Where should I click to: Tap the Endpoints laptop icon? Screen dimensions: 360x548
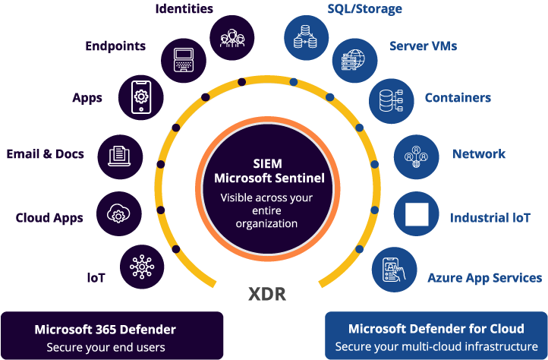[182, 58]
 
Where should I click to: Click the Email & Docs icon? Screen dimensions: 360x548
[118, 155]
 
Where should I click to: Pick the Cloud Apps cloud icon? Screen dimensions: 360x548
[118, 214]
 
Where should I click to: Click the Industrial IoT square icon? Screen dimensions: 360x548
[417, 216]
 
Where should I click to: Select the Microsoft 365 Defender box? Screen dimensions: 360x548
[112, 336]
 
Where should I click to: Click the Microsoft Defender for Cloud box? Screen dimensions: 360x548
[436, 336]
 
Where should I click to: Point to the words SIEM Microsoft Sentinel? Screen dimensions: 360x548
[266, 171]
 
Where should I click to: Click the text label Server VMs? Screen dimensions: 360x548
[424, 46]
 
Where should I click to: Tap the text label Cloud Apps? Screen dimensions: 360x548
[49, 218]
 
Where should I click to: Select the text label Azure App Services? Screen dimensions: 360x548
[484, 278]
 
